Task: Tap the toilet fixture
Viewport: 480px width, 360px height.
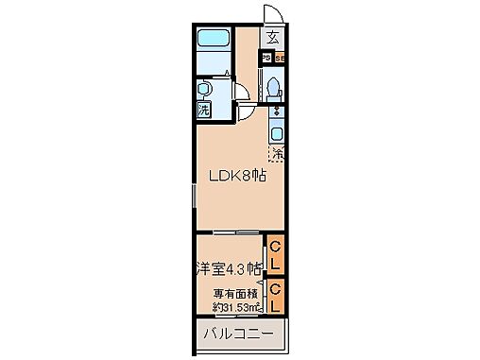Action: [x=272, y=88]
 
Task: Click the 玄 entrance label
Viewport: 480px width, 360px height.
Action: [x=272, y=39]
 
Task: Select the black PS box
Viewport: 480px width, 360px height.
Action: [x=266, y=58]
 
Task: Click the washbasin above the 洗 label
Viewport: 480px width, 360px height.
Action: [x=204, y=91]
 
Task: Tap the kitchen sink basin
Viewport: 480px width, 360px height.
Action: [x=278, y=133]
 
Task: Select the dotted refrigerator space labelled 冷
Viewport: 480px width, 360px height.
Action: [x=278, y=152]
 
